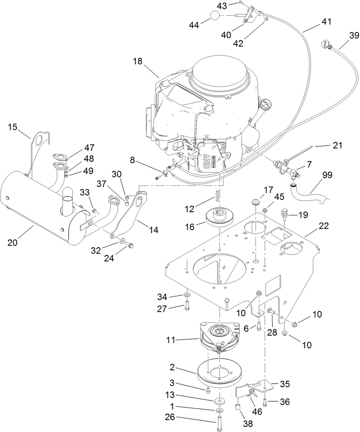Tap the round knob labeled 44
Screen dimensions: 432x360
point(216,16)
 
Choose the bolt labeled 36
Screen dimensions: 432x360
point(265,401)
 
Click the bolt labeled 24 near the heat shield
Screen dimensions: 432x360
point(130,244)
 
